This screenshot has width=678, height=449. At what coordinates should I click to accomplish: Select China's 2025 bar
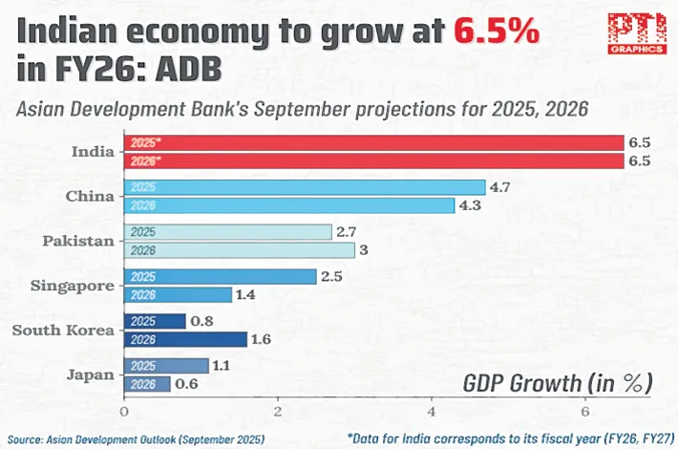305,188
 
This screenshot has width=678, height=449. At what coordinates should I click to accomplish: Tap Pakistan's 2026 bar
240,249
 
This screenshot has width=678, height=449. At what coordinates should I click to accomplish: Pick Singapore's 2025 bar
220,276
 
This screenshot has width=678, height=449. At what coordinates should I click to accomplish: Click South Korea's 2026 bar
185,338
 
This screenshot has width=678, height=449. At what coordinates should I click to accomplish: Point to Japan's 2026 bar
147,383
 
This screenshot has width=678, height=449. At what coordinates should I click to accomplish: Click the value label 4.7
501,187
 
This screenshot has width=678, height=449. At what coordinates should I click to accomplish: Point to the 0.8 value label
202,321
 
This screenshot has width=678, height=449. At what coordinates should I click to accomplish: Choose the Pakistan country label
79,241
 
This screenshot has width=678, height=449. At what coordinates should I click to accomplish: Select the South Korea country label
64,330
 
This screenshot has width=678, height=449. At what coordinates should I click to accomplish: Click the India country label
94,152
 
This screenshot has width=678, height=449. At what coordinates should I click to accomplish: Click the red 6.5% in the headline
497,33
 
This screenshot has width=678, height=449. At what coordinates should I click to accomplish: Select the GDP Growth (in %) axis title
559,383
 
